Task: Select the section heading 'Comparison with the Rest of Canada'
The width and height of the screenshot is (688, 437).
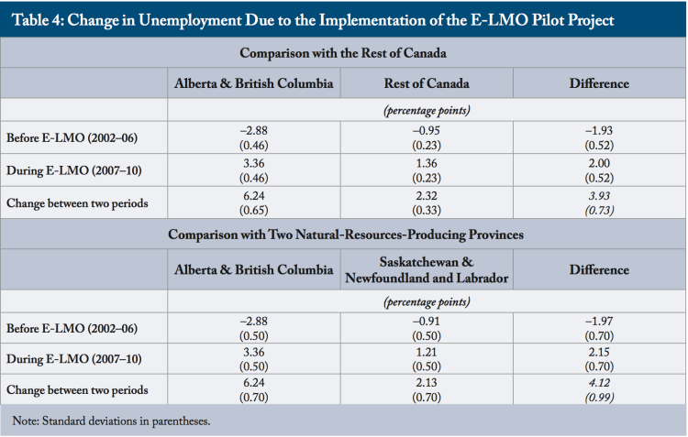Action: click(x=343, y=54)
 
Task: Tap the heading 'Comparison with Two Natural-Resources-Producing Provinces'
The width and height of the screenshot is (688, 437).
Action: click(x=343, y=235)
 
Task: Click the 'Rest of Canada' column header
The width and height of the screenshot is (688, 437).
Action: click(x=427, y=83)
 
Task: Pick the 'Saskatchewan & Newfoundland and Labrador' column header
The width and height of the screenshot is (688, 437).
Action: click(x=427, y=269)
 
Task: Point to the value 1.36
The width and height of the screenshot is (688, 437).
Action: click(x=427, y=163)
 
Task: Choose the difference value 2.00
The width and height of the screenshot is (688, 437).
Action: click(x=599, y=163)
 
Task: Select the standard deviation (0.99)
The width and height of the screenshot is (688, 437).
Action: click(x=599, y=397)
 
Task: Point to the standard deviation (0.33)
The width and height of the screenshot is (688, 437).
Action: click(x=427, y=210)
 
